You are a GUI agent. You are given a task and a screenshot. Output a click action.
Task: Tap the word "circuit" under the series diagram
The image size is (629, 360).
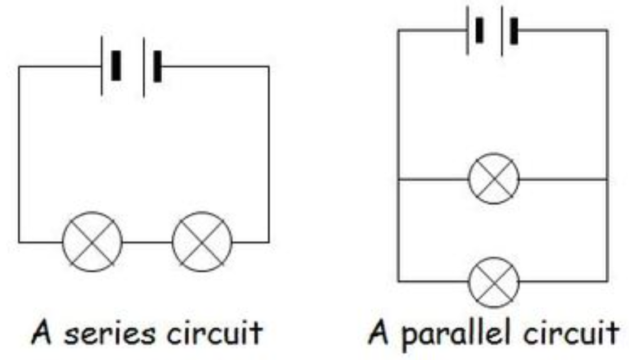[x=215, y=332]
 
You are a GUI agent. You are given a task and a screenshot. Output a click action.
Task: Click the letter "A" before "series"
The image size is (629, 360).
[x=42, y=332]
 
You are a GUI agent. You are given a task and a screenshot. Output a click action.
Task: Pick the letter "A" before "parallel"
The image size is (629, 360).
[x=379, y=332]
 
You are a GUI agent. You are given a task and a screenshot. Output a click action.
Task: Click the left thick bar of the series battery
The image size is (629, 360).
[x=116, y=66]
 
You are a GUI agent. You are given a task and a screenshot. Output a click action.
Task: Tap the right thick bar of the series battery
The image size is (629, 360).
[x=158, y=66]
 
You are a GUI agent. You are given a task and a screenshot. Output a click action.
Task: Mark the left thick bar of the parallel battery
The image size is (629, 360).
[x=479, y=30]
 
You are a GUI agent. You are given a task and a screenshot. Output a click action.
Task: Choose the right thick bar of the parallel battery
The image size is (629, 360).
[x=514, y=31]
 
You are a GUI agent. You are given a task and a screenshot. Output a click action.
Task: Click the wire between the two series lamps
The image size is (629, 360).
[x=148, y=242]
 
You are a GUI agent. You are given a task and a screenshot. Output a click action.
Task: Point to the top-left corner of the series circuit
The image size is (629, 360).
[x=19, y=67]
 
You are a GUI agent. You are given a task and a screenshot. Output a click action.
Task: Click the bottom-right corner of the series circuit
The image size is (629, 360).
[x=269, y=242]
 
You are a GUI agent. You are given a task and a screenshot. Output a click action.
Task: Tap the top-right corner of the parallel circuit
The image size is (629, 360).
[x=608, y=30]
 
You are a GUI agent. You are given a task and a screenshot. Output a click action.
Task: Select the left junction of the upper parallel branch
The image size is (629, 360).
[x=398, y=179]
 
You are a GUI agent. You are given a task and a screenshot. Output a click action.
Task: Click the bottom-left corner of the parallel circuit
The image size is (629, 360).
[x=398, y=281]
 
